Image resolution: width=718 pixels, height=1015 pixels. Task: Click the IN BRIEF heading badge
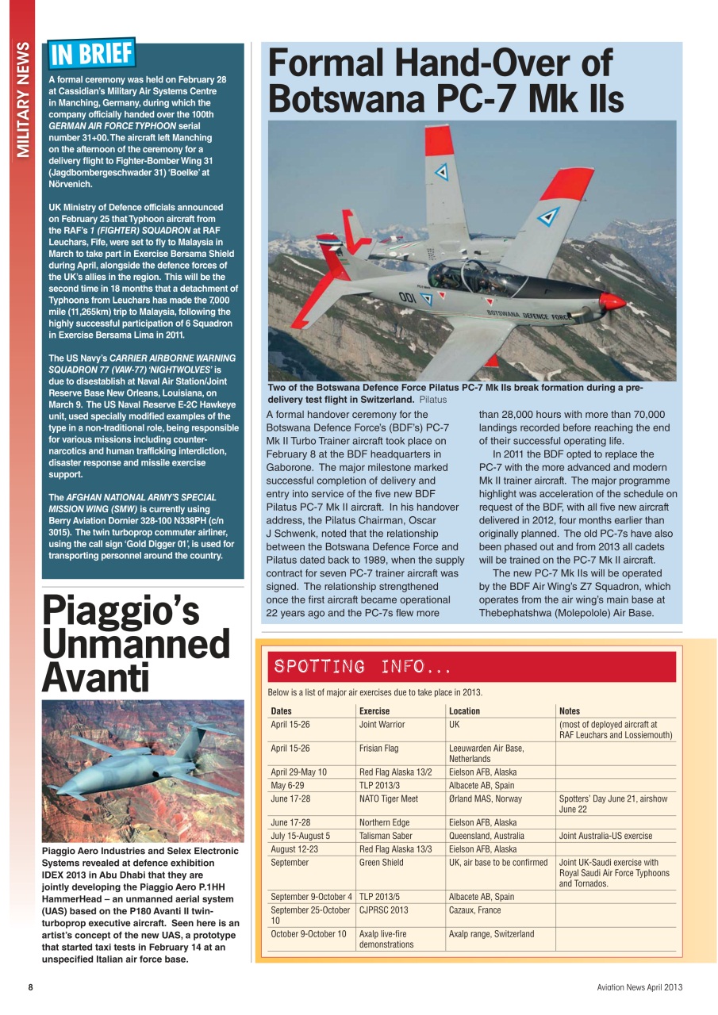click(91, 54)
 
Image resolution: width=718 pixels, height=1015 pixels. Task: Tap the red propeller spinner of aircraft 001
click(612, 301)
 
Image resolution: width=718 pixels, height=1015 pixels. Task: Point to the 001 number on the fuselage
click(408, 297)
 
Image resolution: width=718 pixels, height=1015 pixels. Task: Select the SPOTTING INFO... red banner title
click(363, 666)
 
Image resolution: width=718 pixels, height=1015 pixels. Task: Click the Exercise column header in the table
click(374, 711)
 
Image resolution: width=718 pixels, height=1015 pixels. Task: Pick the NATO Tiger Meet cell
click(388, 799)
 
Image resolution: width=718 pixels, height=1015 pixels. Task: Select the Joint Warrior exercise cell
click(382, 724)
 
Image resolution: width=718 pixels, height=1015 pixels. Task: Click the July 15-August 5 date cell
click(300, 836)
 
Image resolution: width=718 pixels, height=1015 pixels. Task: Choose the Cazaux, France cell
click(474, 910)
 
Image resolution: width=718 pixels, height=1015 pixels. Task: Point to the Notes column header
click(569, 711)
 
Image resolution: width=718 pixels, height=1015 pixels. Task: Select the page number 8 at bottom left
click(30, 987)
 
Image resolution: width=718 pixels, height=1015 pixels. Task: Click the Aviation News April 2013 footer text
click(639, 987)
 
